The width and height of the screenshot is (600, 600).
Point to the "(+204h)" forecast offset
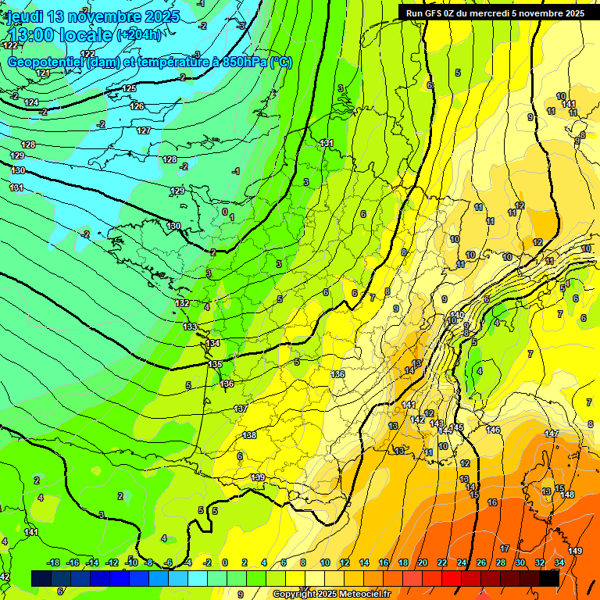pyautogui.click(x=139, y=35)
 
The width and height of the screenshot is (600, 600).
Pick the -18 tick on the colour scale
pyautogui.click(x=53, y=562)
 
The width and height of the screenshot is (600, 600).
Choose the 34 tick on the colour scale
pyautogui.click(x=559, y=562)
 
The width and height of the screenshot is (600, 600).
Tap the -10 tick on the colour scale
pyautogui.click(x=132, y=562)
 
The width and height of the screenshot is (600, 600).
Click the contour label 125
pyautogui.click(x=130, y=88)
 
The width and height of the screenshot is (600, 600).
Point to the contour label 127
pyautogui.click(x=144, y=130)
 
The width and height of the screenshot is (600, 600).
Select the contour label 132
pyautogui.click(x=182, y=303)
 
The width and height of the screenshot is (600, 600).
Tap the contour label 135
pyautogui.click(x=216, y=365)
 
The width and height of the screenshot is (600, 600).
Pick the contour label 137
pyautogui.click(x=241, y=409)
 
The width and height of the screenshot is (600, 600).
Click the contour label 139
pyautogui.click(x=257, y=477)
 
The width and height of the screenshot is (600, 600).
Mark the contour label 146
pyautogui.click(x=493, y=430)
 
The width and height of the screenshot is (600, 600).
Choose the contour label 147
pyautogui.click(x=552, y=434)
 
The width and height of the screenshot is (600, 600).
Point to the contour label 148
pyautogui.click(x=567, y=495)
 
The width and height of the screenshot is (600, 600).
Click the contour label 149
pyautogui.click(x=575, y=551)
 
